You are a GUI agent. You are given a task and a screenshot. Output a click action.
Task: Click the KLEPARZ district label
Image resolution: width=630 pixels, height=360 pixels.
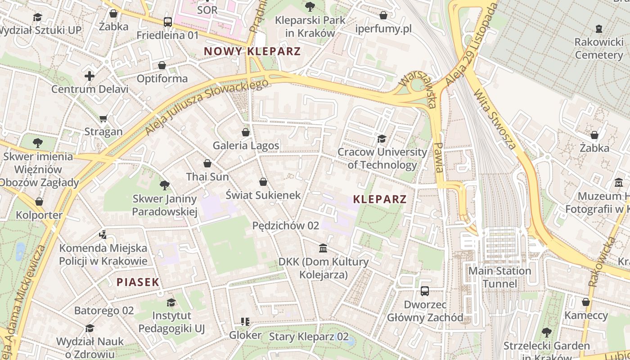380,199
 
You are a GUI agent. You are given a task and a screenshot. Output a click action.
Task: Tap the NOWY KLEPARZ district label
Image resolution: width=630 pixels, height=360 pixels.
252,51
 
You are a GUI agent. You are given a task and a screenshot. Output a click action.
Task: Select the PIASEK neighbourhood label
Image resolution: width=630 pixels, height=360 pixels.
138,282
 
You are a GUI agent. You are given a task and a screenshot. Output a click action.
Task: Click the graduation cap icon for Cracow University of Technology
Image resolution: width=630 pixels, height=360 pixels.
382,139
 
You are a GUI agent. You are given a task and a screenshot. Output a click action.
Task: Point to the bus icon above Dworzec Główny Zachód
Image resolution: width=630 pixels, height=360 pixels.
424,291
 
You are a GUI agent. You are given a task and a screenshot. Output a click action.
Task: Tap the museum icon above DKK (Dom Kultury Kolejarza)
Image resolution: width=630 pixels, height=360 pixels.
323,248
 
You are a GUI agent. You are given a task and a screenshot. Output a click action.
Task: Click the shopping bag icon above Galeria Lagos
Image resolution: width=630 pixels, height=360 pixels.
246,132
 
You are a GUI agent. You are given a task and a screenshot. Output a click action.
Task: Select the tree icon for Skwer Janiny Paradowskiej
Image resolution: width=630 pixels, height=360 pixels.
165,185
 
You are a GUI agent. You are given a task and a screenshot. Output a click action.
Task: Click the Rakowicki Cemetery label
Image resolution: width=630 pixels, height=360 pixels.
598,49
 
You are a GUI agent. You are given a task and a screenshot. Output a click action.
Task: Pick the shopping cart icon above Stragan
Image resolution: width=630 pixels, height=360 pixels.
103,119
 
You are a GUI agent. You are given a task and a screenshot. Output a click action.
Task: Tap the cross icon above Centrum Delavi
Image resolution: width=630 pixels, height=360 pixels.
90,76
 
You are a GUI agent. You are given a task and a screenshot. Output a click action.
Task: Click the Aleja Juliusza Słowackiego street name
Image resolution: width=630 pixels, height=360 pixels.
207,107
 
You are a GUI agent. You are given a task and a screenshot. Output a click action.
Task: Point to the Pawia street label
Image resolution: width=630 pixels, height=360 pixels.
439,157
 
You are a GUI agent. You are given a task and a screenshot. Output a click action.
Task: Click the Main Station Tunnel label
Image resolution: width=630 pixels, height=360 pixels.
499,277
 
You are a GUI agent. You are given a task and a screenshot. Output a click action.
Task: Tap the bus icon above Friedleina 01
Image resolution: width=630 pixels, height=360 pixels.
167,22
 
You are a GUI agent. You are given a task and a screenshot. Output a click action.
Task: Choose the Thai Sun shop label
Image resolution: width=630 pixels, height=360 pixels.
207,177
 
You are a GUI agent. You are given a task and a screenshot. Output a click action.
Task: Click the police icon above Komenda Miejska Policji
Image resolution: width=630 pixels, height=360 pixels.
103,234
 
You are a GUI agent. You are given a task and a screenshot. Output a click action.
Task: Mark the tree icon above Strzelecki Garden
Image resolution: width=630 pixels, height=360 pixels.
546,333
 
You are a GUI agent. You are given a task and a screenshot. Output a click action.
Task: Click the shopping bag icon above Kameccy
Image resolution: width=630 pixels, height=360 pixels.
586,302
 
